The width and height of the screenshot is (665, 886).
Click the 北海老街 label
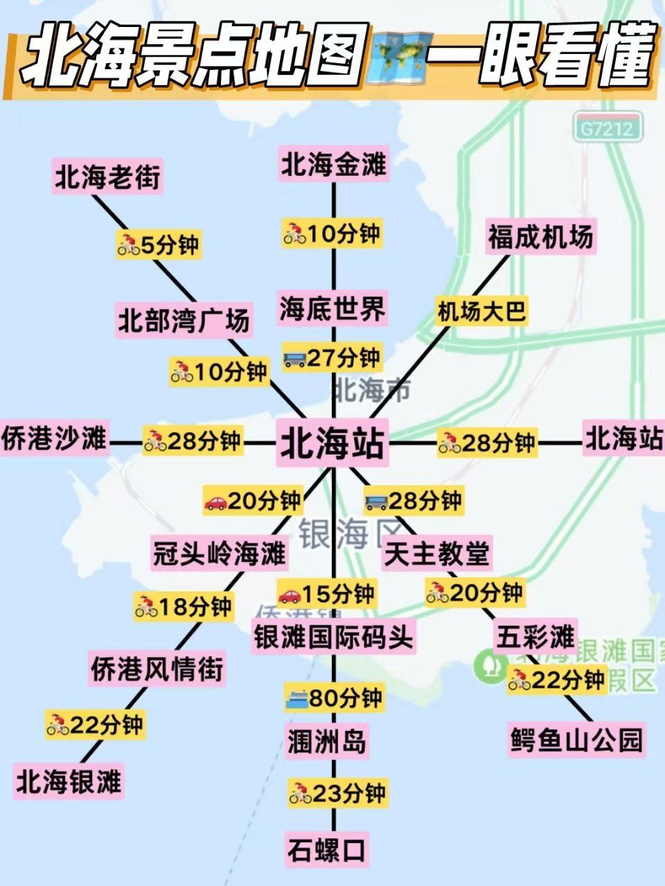[107, 178]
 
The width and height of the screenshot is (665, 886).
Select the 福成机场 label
[540, 237]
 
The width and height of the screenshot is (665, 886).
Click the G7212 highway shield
[607, 128]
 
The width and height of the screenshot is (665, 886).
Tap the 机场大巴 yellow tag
[481, 311]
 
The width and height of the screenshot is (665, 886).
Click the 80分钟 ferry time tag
[334, 698]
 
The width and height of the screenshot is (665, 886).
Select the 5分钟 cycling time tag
[159, 244]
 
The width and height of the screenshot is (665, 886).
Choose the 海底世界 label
[332, 309]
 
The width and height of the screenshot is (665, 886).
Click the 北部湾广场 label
[183, 321]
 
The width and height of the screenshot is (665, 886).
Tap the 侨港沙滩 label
[54, 439]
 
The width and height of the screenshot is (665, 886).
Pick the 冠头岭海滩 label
[219, 553]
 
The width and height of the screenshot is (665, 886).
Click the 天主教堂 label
[437, 553]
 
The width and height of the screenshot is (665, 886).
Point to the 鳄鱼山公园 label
[576, 739]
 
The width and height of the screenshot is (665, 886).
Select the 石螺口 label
[327, 850]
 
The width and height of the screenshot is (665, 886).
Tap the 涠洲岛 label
[327, 742]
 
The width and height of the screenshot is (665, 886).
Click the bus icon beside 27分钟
[294, 359]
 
